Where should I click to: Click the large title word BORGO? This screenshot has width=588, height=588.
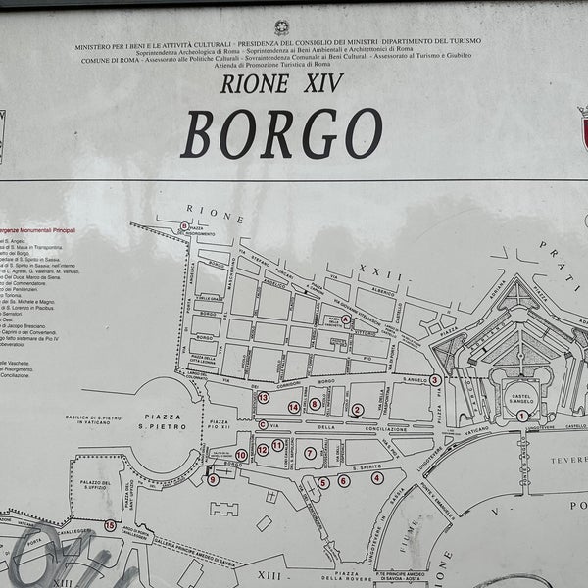pyautogui.click(x=281, y=133)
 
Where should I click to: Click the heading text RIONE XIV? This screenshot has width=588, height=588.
pyautogui.click(x=282, y=83)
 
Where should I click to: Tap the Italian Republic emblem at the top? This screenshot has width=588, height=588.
pyautogui.click(x=282, y=26)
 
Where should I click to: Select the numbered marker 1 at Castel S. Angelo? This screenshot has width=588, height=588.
pyautogui.click(x=522, y=416)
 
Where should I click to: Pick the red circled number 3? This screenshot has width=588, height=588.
pyautogui.click(x=434, y=380)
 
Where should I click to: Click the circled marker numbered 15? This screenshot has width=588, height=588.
pyautogui.click(x=109, y=525)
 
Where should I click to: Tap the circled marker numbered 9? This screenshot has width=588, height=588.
pyautogui.click(x=213, y=479)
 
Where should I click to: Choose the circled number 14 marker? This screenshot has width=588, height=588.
pyautogui.click(x=293, y=407)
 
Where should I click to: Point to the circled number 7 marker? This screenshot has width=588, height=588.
pyautogui.click(x=310, y=453)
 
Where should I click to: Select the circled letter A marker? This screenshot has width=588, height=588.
pyautogui.click(x=346, y=318)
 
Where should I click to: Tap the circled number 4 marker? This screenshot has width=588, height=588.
pyautogui.click(x=377, y=478)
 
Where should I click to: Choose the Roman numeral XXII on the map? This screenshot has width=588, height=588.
pyautogui.click(x=373, y=267)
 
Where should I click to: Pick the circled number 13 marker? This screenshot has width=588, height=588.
pyautogui.click(x=263, y=397)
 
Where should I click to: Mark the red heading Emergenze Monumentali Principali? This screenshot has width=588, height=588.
pyautogui.click(x=39, y=229)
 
